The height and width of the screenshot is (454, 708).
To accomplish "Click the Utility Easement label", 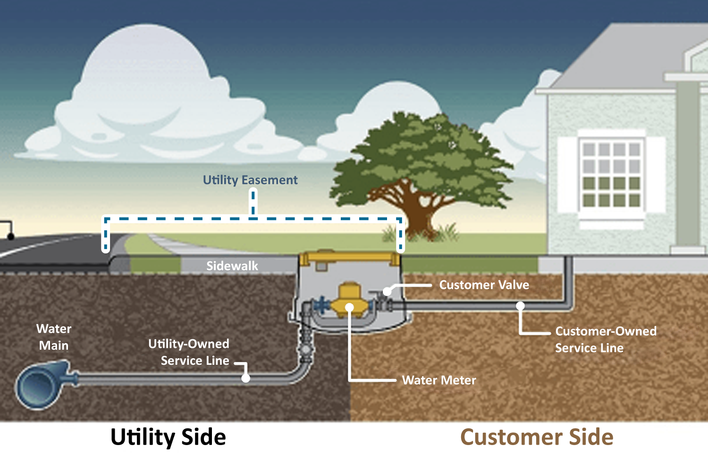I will tap(250, 180).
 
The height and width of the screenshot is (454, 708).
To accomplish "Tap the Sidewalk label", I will tap(232, 266).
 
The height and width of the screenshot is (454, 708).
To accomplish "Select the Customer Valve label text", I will tap(484, 285).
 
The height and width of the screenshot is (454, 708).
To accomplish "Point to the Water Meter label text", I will tap(439, 380).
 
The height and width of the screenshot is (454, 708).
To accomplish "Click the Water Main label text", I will tap(54, 337).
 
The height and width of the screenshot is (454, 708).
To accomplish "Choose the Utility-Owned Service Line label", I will tap(189, 352).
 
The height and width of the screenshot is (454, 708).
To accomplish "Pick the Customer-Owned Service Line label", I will tap(605, 340).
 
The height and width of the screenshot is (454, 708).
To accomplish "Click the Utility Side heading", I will tap(168, 437).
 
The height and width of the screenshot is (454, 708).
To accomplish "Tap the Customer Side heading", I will tap(537, 437).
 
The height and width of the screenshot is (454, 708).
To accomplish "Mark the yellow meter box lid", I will tap(349, 258).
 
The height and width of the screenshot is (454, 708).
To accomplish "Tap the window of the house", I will tap(611, 175).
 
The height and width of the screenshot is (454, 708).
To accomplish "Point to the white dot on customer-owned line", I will tap(520, 306).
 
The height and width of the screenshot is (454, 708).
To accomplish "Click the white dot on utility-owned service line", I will tap(245, 378).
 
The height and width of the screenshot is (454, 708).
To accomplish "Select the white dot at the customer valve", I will tap(387, 291).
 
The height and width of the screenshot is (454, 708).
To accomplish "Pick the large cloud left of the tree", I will tap(146, 104).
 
